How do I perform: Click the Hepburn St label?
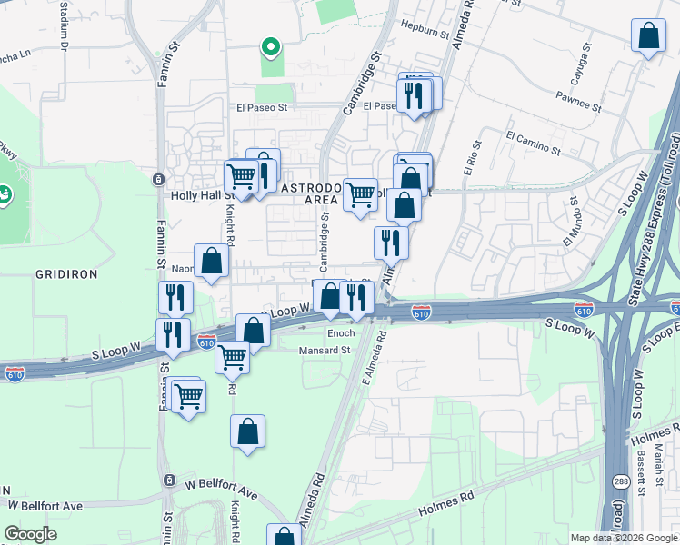pyautogui.click(x=419, y=29)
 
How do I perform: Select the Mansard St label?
pyautogui.click(x=325, y=349)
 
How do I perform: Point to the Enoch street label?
pyautogui.click(x=341, y=333)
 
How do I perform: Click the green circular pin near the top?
pyautogui.click(x=269, y=46)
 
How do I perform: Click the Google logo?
pyautogui.click(x=30, y=534)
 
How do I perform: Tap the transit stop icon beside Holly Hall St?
pyautogui.click(x=159, y=178)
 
